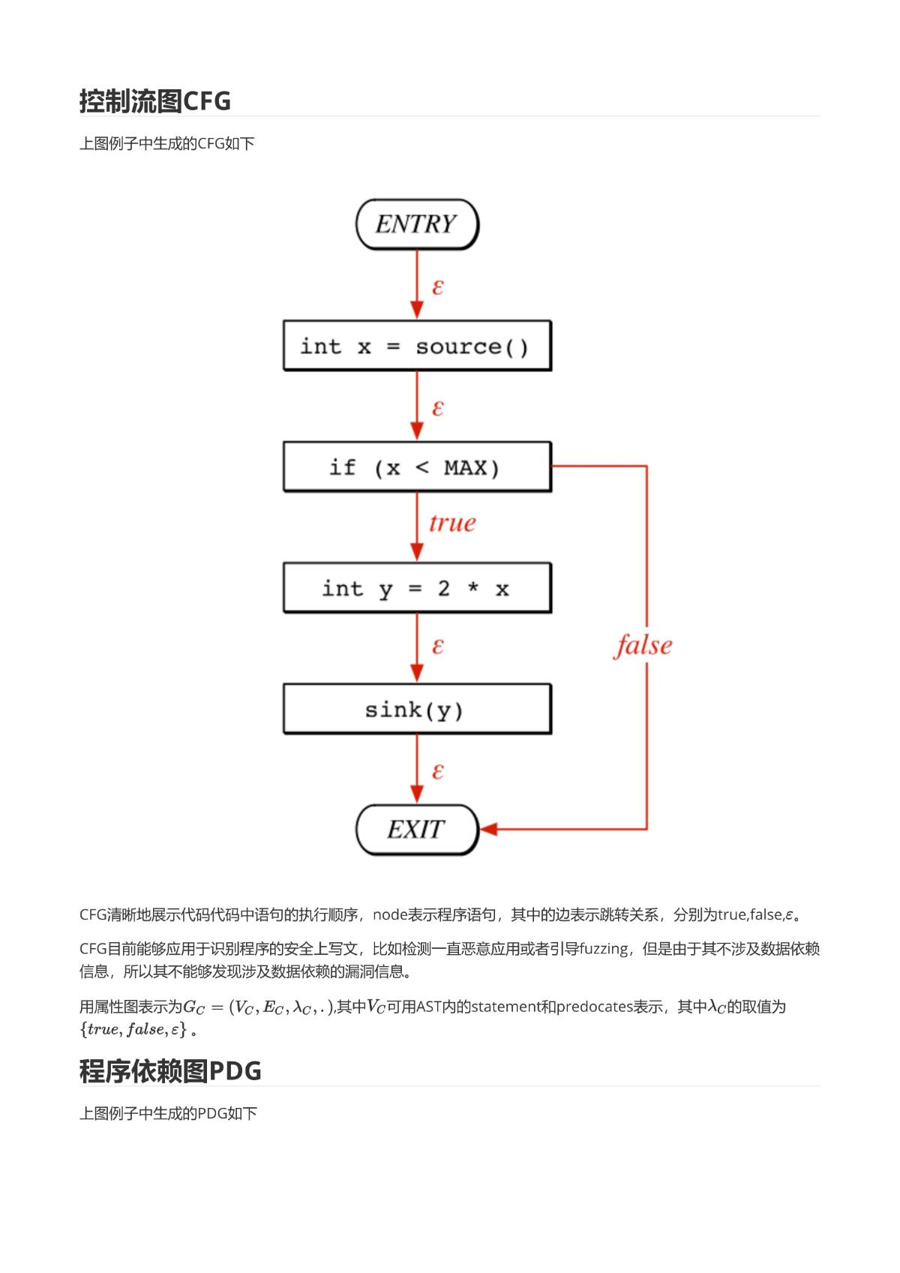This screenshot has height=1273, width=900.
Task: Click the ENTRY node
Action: [x=417, y=224]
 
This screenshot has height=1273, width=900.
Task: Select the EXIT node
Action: [x=417, y=829]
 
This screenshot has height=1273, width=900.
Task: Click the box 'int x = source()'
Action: [x=417, y=346]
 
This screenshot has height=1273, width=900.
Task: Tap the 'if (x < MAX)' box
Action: [x=417, y=467]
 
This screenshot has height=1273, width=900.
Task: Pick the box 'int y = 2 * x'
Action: [x=417, y=587]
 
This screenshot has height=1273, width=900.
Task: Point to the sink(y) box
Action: [x=417, y=709]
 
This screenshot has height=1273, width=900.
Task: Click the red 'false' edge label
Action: [x=643, y=646]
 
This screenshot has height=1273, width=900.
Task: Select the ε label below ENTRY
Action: [x=437, y=287]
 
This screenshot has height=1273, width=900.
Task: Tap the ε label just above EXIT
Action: [x=437, y=771]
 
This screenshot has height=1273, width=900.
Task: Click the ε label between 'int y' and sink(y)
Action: [x=437, y=646]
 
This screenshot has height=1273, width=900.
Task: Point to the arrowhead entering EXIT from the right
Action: [x=489, y=829]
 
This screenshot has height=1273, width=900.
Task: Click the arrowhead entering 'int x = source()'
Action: [x=417, y=311]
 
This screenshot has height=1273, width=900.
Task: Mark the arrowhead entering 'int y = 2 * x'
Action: [x=417, y=552]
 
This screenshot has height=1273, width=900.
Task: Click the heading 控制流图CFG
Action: [x=155, y=101]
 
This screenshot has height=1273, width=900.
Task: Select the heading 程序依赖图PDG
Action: [x=170, y=1071]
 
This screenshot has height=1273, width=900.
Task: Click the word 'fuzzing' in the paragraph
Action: [x=603, y=949]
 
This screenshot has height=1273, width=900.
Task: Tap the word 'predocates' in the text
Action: [x=594, y=1007]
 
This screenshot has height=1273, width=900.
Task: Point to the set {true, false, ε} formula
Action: [x=133, y=1029]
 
